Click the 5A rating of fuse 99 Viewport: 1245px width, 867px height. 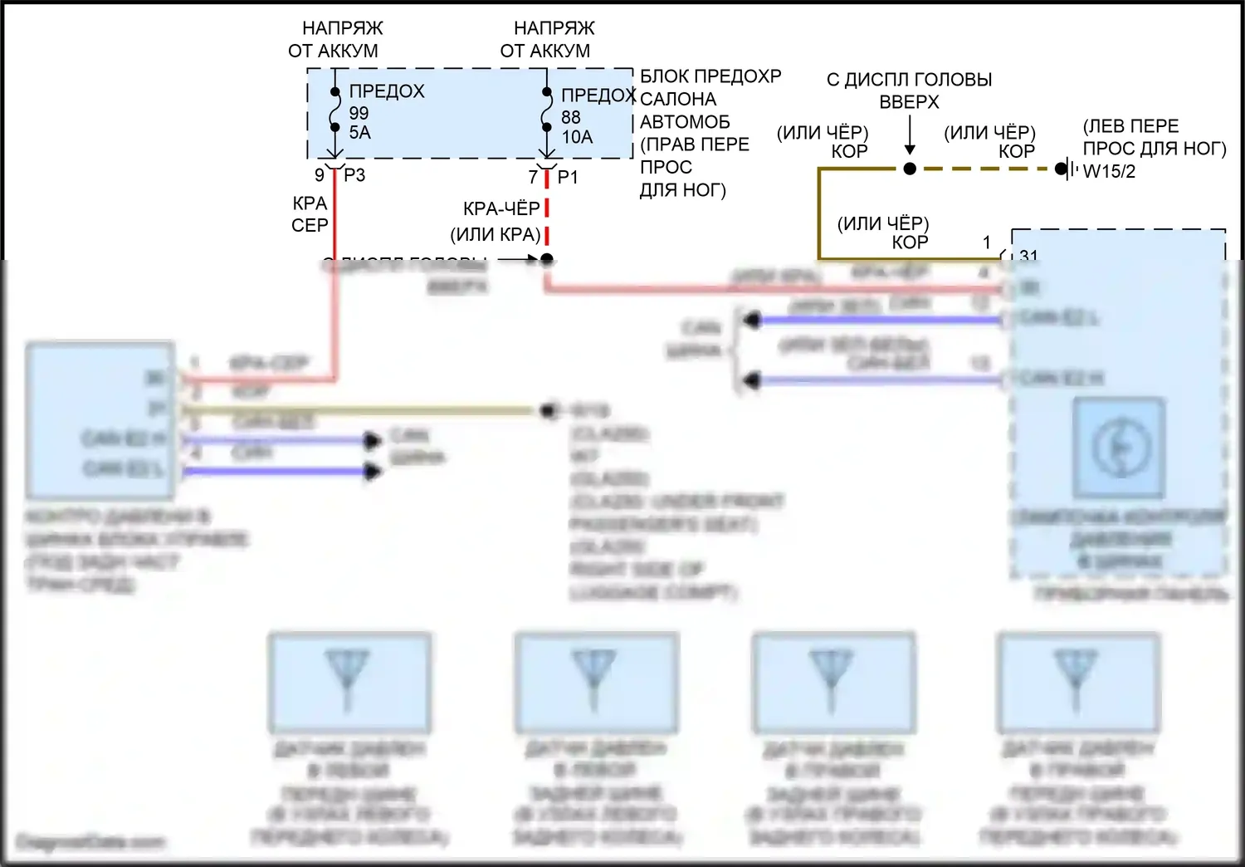coord(359,133)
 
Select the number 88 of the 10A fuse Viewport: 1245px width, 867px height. coord(571,118)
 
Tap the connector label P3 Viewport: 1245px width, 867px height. coord(354,175)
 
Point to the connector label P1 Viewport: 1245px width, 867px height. coord(568,177)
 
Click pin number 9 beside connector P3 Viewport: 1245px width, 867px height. coord(320,175)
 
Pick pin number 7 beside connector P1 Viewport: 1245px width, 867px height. coord(534,177)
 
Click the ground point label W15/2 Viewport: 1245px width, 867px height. coord(1109,171)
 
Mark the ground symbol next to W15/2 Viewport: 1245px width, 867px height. coord(1072,169)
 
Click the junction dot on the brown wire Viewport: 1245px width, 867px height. coord(910,169)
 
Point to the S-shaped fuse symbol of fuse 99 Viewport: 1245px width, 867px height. coord(334,110)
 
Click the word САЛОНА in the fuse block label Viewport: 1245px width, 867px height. coord(678,99)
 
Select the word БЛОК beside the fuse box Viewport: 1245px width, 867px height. coord(664,76)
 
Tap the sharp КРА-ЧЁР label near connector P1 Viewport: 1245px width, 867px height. coord(501,208)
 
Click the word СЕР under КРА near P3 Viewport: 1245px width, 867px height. coord(310,225)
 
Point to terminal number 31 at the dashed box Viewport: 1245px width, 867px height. coord(1028,255)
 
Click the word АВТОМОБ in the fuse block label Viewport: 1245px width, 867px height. coord(685,122)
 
